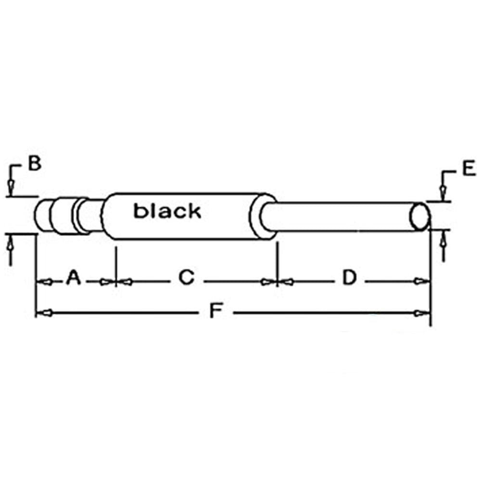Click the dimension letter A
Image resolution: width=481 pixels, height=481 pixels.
74,278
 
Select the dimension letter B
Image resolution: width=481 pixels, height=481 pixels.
35,163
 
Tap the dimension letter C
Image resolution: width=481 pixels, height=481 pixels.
187,278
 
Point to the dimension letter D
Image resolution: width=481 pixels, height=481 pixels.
349,278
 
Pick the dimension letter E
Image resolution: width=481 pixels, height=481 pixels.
469,168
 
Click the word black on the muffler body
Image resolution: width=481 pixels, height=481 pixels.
167,211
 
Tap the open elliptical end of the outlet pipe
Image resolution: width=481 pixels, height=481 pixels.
419,216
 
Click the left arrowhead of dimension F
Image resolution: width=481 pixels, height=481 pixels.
44,313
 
